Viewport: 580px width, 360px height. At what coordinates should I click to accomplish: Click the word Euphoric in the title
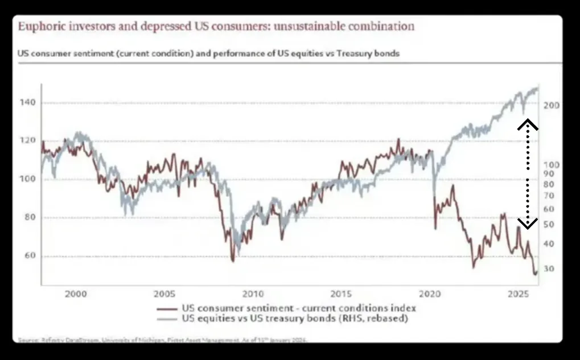[39, 27]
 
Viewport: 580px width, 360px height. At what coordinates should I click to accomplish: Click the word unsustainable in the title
[316, 27]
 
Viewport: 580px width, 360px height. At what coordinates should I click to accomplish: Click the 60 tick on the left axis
[30, 256]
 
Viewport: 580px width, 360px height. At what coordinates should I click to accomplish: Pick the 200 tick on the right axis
[552, 106]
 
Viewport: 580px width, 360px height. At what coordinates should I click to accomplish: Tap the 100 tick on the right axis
[552, 165]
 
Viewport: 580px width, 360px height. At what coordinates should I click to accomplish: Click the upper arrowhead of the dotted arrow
[528, 123]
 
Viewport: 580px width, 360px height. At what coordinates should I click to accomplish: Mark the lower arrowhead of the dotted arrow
[528, 224]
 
